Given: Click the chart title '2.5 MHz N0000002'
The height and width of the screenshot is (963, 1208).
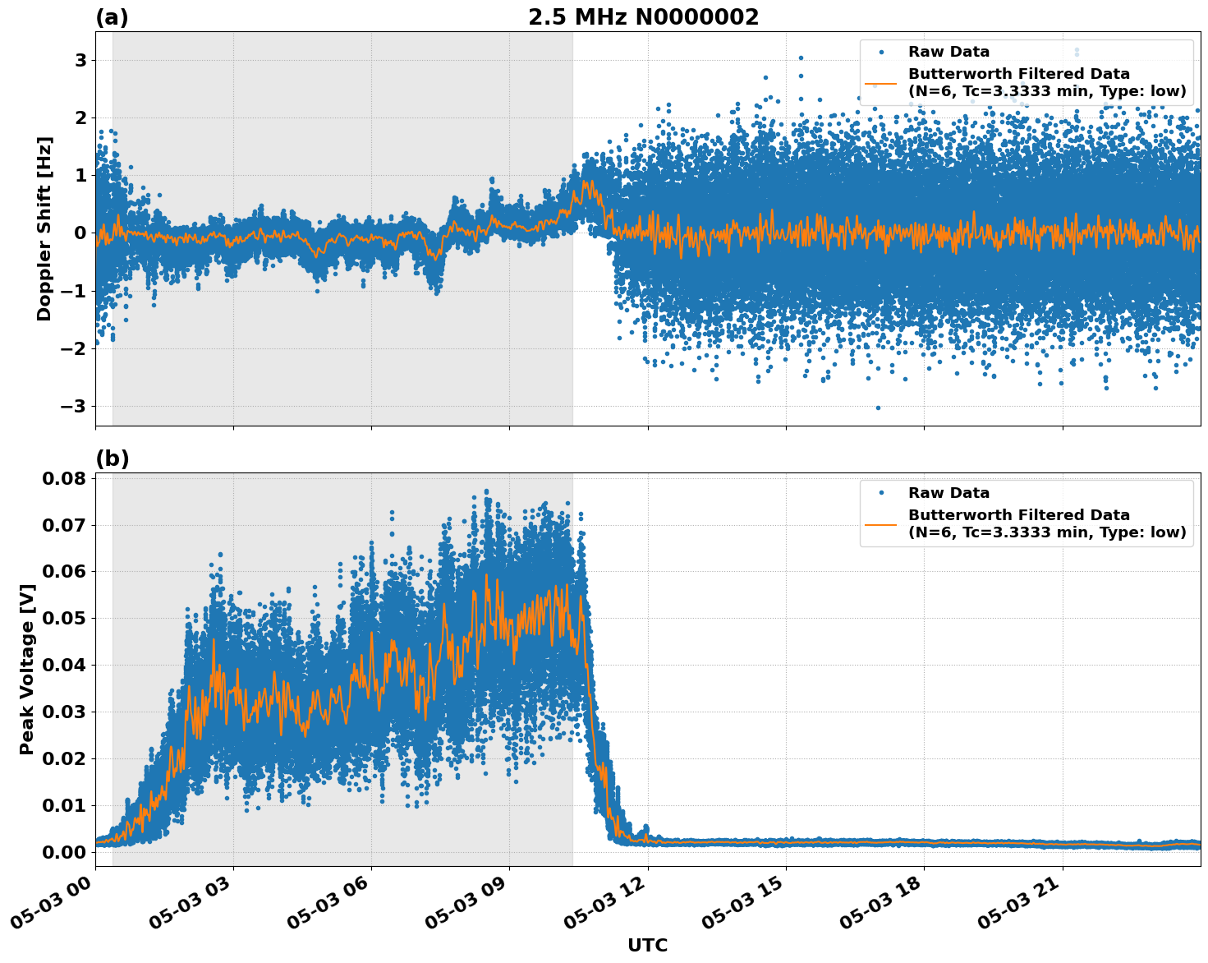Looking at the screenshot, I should click(643, 17).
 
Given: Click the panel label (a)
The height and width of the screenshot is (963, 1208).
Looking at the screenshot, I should click(112, 17).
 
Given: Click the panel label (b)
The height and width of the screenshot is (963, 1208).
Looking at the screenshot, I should click(112, 458).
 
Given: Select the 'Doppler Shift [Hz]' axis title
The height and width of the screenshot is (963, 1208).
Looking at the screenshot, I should click(44, 228).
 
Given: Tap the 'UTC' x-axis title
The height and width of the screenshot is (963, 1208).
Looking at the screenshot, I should click(647, 945).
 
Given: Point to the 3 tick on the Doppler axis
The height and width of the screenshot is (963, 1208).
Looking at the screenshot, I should click(80, 61).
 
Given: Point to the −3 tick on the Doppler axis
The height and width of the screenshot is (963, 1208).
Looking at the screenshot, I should click(75, 407).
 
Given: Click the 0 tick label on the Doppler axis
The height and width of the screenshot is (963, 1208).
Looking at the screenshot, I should click(80, 233).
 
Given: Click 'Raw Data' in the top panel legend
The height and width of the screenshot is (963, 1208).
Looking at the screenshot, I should click(948, 52).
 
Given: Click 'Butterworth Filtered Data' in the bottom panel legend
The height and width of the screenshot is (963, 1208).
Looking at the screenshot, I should click(1018, 515).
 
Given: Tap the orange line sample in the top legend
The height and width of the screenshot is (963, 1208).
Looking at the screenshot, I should click(881, 83).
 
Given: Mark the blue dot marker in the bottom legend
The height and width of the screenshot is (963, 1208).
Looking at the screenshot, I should click(881, 493).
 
